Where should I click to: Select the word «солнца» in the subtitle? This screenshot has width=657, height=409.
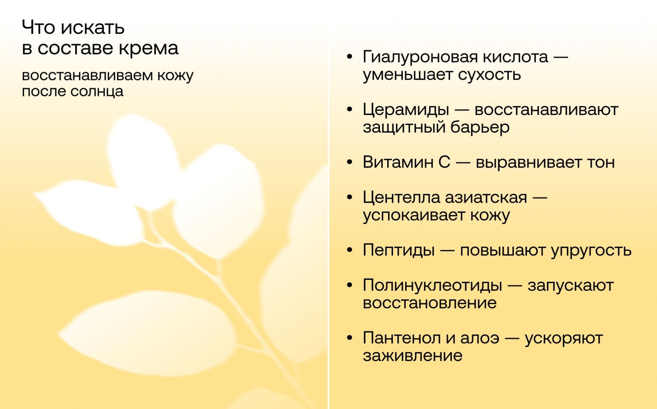pos(97,92)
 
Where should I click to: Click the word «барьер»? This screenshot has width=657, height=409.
pos(480,127)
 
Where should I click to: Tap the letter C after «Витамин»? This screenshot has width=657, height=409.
pos(444,162)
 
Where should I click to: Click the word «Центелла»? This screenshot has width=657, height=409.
pos(402,198)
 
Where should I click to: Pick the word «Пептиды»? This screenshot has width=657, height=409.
pos(399,250)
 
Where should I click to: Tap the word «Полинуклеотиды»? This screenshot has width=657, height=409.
pos(432,285)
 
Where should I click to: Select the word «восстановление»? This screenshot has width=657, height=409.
pos(430,303)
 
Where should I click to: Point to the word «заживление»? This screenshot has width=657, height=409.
pos(413,356)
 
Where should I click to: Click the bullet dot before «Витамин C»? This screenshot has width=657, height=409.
pos(350,162)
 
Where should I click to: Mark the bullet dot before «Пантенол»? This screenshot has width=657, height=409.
pos(350,338)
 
